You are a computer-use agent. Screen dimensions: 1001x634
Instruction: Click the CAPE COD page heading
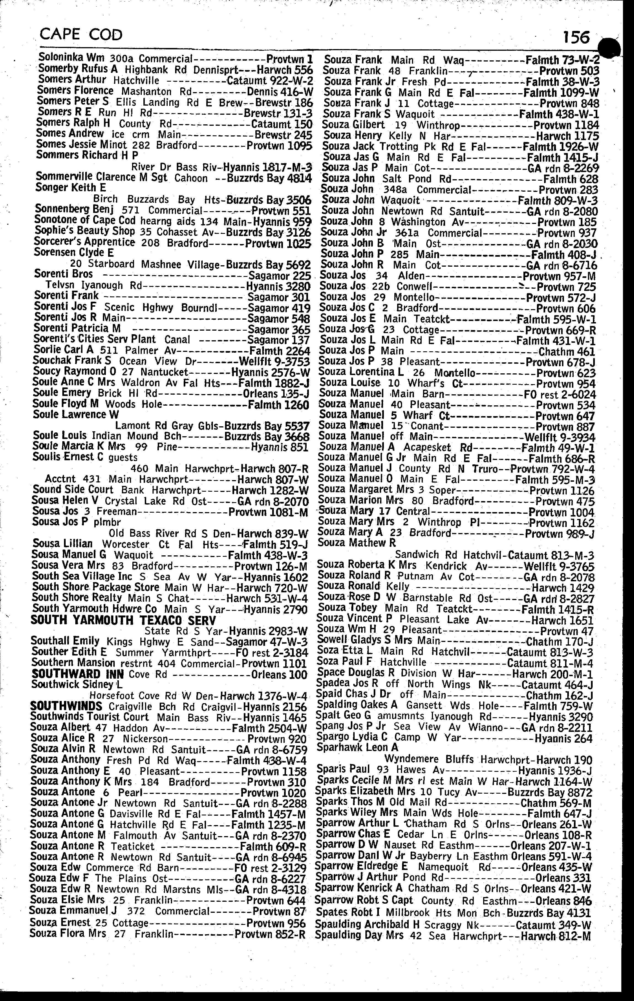click(81, 34)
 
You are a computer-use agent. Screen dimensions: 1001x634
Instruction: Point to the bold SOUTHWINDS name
click(66, 706)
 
